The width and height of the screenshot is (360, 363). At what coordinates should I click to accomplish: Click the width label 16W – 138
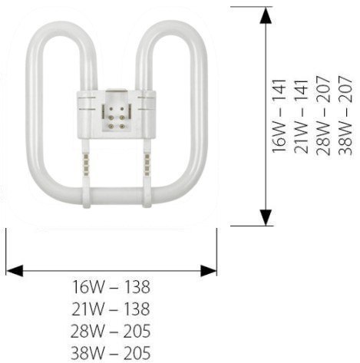[111, 287]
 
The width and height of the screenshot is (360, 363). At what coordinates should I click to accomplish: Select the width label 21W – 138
[111, 309]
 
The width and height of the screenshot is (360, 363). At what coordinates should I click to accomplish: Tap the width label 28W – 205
[111, 331]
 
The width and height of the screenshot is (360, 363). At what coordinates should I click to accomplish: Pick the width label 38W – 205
[111, 353]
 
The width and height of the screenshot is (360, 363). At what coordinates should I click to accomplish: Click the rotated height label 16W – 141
[279, 116]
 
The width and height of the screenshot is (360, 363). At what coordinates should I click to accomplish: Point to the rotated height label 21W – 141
[301, 116]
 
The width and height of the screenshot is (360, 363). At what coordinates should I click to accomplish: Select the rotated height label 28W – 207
[323, 115]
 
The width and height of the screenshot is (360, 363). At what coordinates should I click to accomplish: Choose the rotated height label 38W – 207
[345, 115]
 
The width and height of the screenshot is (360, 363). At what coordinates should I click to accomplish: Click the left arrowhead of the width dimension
[15, 271]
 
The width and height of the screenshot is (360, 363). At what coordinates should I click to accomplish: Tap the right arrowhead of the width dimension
[208, 271]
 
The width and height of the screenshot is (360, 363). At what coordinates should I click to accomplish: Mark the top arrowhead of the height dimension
[266, 15]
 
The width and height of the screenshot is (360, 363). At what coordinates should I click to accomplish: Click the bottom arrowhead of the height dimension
[266, 217]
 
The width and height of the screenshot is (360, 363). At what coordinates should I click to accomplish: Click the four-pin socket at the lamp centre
[117, 117]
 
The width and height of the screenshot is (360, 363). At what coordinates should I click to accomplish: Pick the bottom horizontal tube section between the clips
[117, 196]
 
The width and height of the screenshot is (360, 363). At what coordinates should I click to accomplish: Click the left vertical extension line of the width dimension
[6, 252]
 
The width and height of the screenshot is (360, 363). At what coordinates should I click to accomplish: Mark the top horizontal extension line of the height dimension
[252, 7]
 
